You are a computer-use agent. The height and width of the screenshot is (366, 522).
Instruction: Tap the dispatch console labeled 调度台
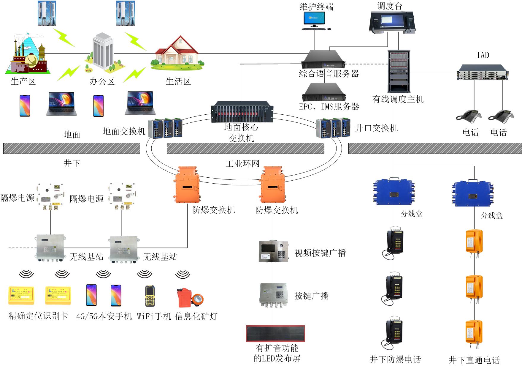click(x=392, y=21)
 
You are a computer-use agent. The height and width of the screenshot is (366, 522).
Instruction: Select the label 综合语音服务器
click(x=329, y=74)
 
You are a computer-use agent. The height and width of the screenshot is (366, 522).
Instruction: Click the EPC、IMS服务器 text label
click(x=329, y=106)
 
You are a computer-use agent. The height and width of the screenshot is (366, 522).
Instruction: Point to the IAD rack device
click(x=482, y=72)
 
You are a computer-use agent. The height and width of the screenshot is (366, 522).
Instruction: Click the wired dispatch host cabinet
click(x=399, y=71)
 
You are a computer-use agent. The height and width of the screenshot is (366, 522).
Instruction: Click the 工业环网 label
click(x=242, y=164)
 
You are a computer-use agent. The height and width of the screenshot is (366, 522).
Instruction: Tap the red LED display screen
click(x=275, y=333)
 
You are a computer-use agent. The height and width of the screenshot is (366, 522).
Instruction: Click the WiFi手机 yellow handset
click(x=150, y=296)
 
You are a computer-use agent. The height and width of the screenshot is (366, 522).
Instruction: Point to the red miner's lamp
click(x=190, y=298)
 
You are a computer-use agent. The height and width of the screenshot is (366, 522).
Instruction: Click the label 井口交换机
click(x=376, y=128)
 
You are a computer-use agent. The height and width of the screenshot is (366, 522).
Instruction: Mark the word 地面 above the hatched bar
click(x=72, y=135)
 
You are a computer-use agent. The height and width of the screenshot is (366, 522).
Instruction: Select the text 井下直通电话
click(x=474, y=360)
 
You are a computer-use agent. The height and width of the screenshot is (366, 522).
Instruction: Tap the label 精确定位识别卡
click(x=38, y=316)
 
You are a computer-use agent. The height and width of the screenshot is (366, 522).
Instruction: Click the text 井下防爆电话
click(x=395, y=359)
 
